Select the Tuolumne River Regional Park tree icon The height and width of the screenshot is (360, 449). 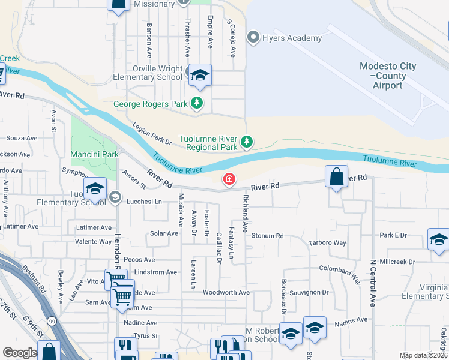[246, 142]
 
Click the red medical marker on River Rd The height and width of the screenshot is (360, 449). [229, 179]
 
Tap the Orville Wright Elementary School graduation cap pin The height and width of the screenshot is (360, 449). [200, 75]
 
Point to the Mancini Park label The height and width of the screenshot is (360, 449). [94, 154]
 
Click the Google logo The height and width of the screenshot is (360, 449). [20, 353]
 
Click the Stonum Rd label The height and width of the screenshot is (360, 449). [267, 236]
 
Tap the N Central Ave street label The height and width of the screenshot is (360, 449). [373, 283]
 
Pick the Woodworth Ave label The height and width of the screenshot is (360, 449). [226, 292]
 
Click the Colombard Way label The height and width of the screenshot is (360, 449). [339, 275]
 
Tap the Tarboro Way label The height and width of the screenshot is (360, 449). [327, 243]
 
